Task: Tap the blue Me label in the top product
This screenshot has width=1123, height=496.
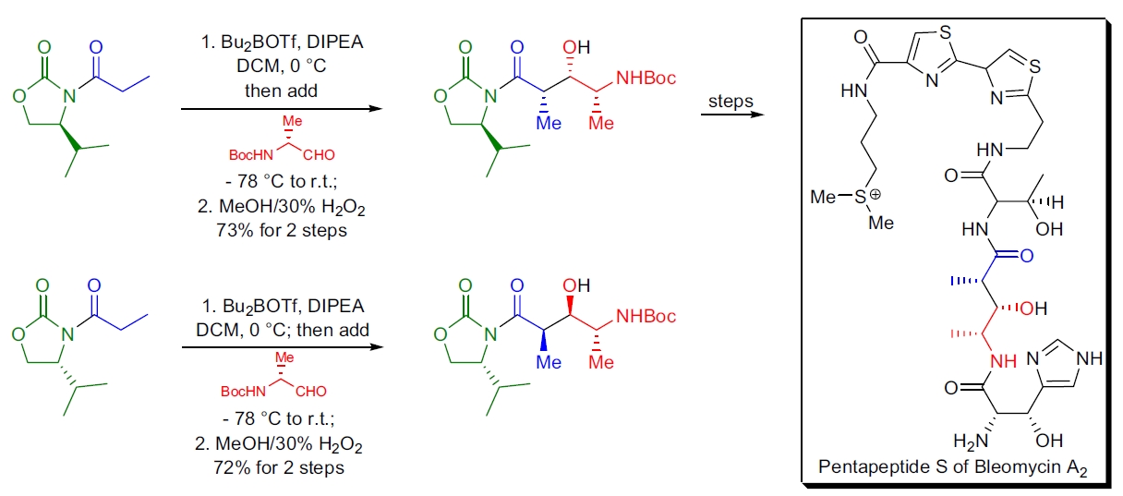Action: click(x=550, y=123)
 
